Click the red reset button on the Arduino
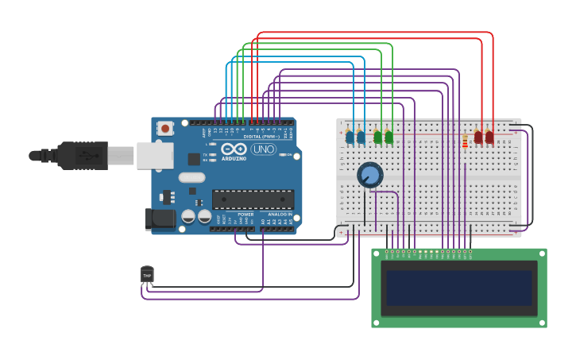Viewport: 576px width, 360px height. tap(165, 127)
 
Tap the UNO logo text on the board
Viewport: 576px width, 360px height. tap(263, 149)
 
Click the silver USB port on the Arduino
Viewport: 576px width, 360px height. tap(154, 155)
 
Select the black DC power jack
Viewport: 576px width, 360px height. tap(160, 219)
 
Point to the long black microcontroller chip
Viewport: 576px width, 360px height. tap(253, 199)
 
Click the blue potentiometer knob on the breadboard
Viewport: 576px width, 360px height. tap(369, 174)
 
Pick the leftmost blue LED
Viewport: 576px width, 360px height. tap(350, 137)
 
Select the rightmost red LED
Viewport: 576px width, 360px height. tap(489, 137)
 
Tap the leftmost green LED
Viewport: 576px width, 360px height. tap(378, 137)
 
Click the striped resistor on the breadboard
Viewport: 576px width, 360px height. tap(465, 141)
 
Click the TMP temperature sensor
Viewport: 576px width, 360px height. tap(147, 275)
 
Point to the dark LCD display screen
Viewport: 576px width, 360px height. tap(458, 288)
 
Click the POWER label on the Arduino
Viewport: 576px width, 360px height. tap(245, 214)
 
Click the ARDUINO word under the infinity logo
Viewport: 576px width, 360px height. tap(234, 158)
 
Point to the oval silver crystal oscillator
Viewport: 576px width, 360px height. tap(191, 178)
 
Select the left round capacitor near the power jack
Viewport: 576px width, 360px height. tap(188, 216)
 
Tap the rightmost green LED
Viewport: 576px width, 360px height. tap(389, 137)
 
